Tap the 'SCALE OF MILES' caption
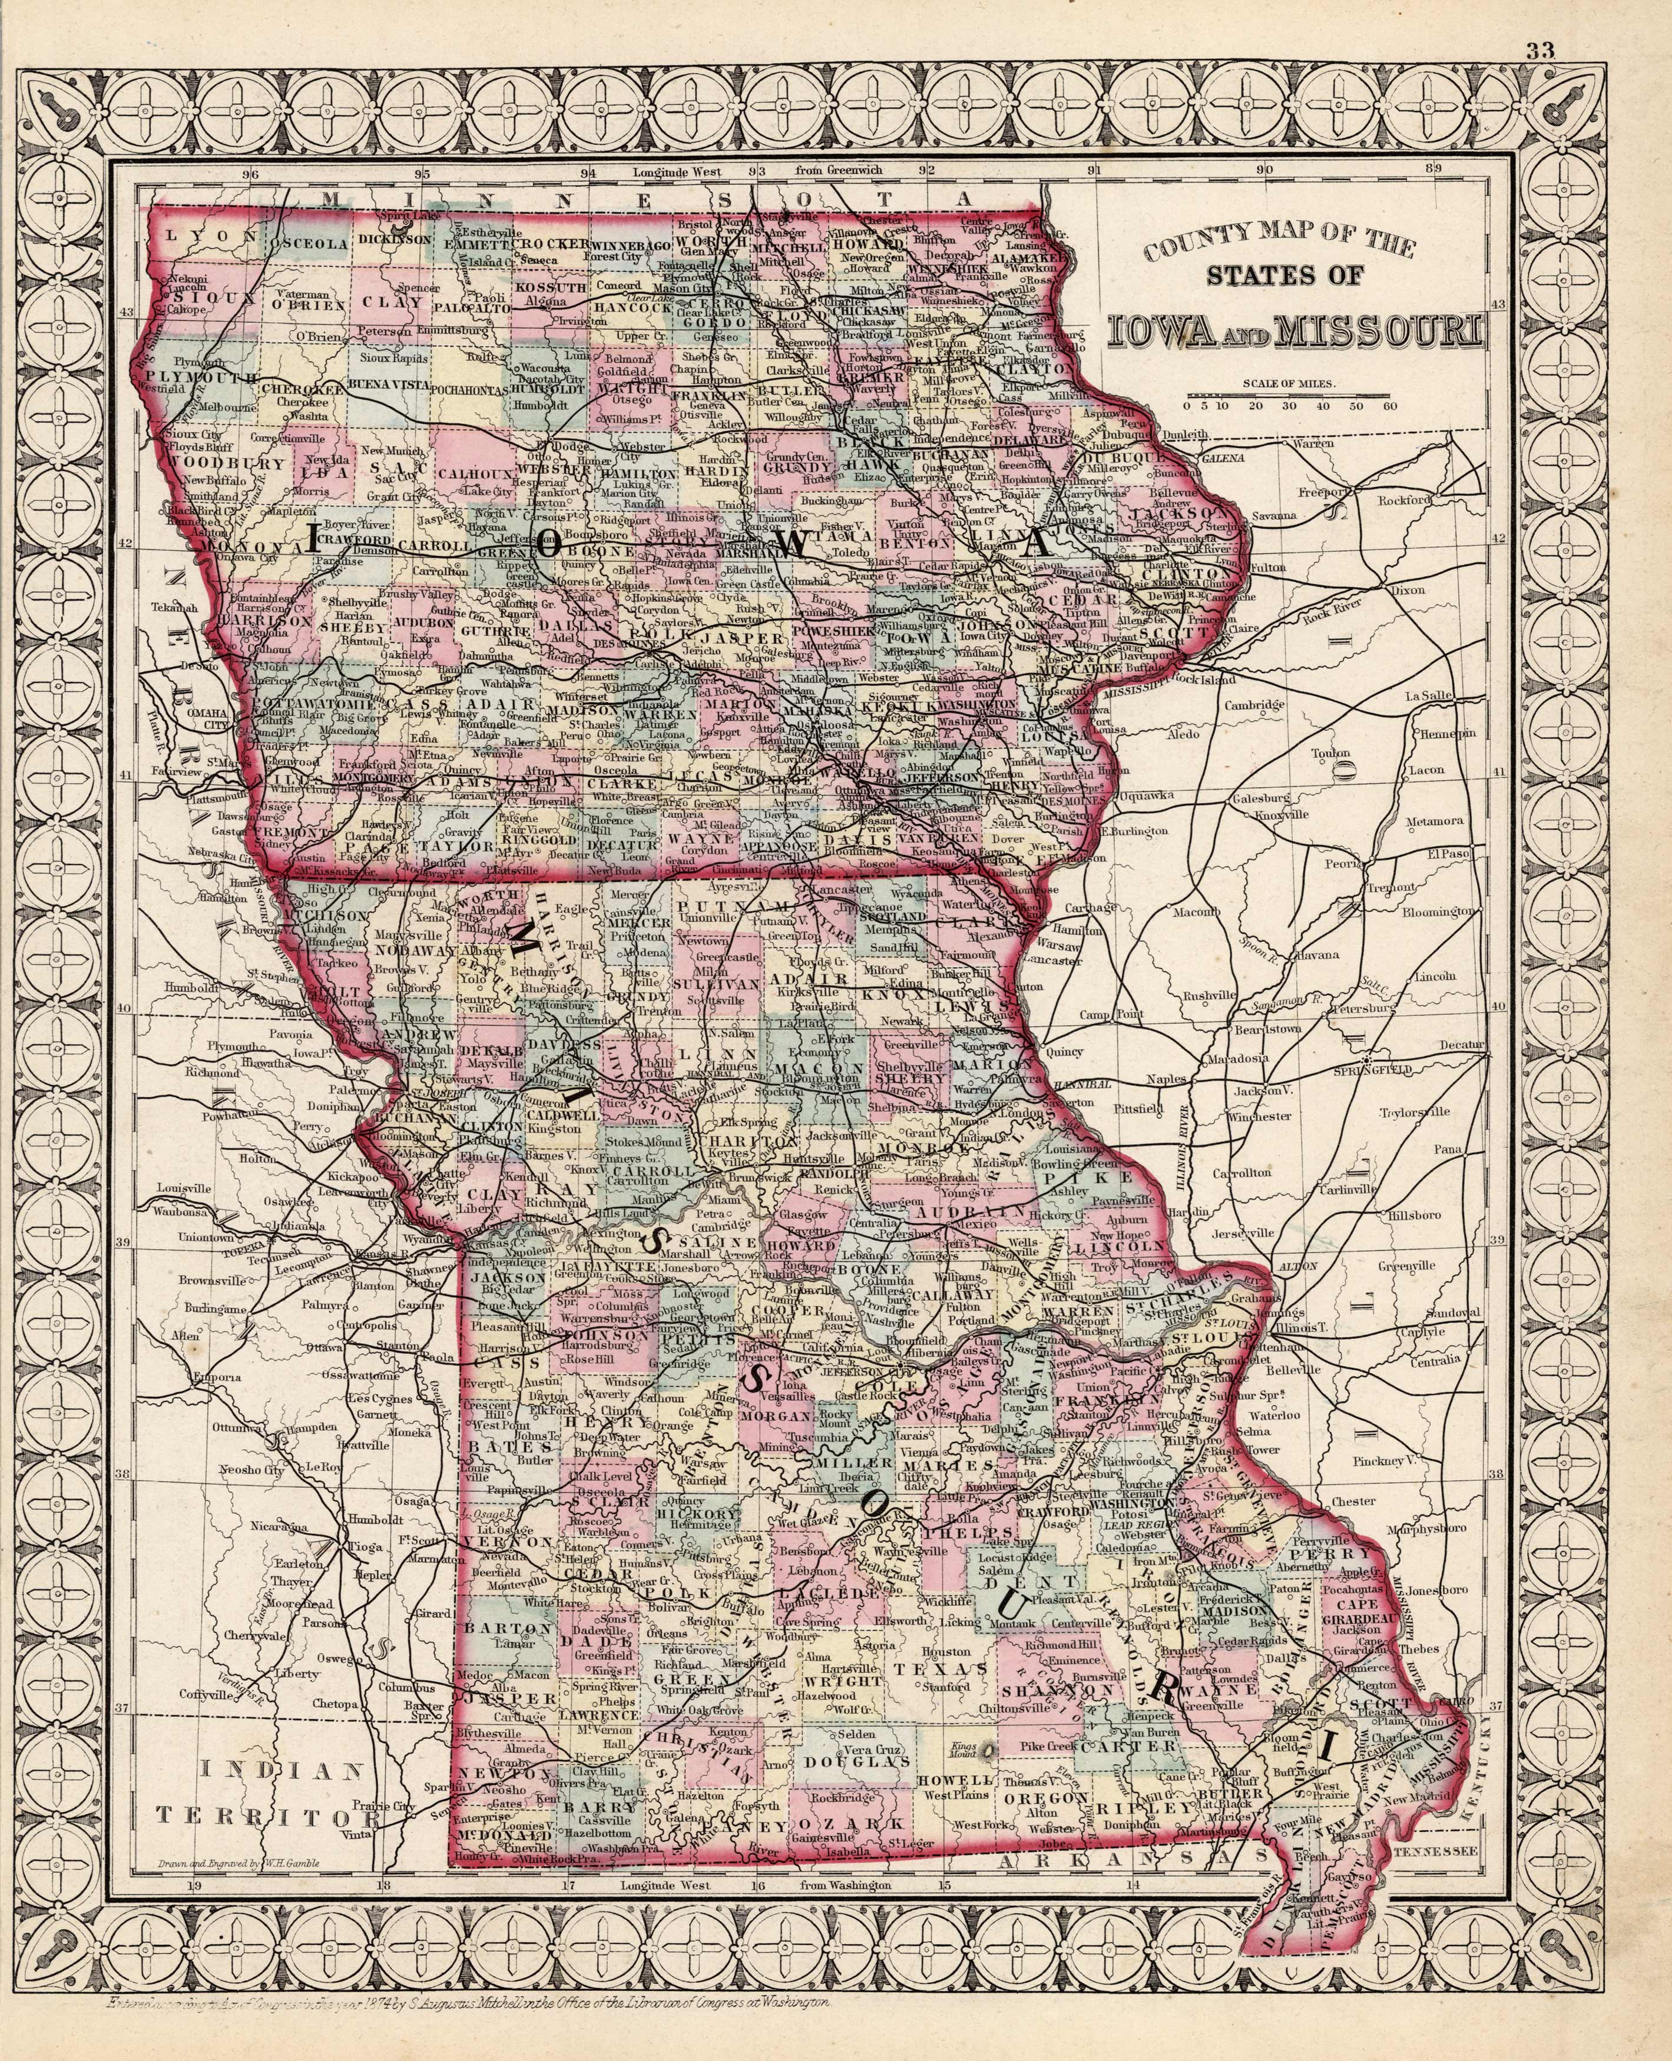(x=1290, y=383)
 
